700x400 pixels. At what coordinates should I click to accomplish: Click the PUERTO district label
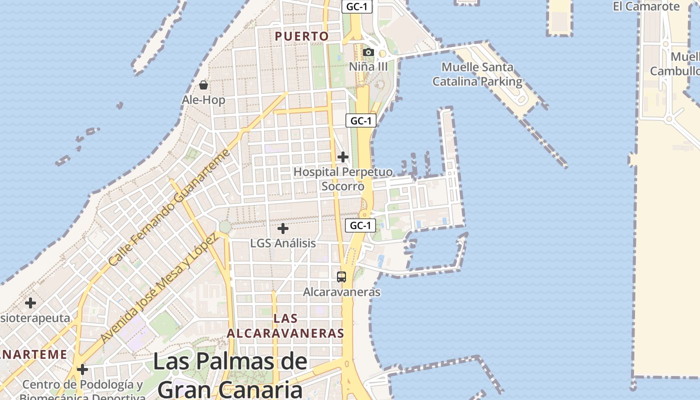[301, 36]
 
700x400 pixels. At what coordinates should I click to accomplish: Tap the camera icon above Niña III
[368, 52]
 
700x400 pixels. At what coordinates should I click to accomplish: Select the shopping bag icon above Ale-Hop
[203, 85]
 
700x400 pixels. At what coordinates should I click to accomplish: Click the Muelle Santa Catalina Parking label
[477, 74]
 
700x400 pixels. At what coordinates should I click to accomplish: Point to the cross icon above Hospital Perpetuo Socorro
[342, 157]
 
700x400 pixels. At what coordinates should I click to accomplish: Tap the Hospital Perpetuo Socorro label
[342, 179]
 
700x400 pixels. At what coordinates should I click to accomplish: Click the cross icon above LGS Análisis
[283, 228]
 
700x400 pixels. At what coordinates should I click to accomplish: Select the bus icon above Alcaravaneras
[341, 277]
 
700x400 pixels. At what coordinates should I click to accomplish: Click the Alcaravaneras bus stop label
[341, 292]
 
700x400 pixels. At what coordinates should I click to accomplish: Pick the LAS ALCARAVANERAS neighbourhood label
[285, 325]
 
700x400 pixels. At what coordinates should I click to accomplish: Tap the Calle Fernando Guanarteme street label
[169, 207]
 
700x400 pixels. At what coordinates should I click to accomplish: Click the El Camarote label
[646, 6]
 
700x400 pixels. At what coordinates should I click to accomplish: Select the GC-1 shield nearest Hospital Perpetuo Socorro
[360, 120]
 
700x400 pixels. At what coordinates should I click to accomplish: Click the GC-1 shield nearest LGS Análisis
[360, 225]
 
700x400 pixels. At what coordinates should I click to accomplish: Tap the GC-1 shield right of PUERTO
[357, 7]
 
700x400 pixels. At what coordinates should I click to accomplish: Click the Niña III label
[368, 66]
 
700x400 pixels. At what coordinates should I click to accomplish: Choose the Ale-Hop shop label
[203, 100]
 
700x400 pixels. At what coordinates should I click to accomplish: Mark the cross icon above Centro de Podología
[82, 369]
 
